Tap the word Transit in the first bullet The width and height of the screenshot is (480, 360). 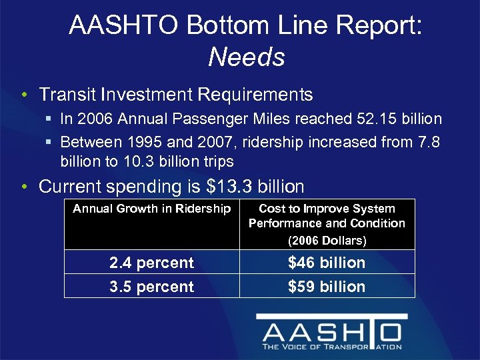tap(65, 95)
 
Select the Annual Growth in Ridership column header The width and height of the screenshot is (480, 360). tap(152, 209)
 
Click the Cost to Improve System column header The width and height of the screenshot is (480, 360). tap(327, 209)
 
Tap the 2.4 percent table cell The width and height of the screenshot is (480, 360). tap(152, 263)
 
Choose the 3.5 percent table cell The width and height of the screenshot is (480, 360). tap(152, 287)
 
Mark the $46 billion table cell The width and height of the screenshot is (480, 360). tap(327, 263)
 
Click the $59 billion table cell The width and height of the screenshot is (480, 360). tap(327, 287)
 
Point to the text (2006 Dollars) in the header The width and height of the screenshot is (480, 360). tap(327, 240)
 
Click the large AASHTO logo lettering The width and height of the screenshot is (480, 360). tap(331, 331)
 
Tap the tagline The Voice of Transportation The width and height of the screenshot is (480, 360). tap(331, 347)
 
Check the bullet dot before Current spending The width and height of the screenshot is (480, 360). tap(24, 187)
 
